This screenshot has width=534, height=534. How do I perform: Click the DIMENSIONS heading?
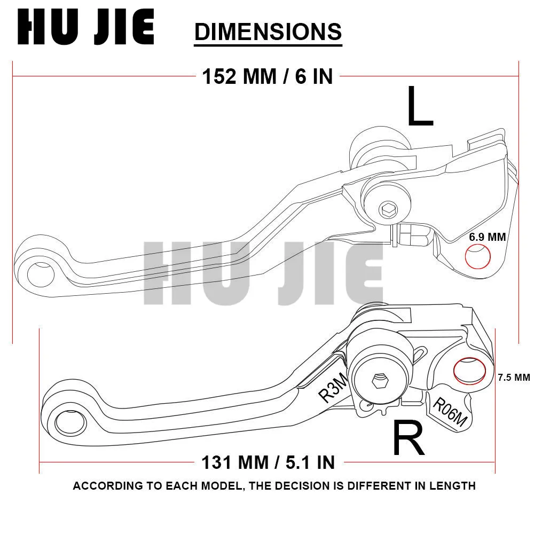[268, 32]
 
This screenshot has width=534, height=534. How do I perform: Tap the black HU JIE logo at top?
[86, 27]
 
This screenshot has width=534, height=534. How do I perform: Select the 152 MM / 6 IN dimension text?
[268, 76]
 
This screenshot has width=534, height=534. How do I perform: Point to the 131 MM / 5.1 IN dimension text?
[268, 462]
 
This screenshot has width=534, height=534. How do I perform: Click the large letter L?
[420, 106]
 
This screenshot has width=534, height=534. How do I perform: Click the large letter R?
[409, 437]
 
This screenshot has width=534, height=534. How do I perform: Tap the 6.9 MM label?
[488, 237]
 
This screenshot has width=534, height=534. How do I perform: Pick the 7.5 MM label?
[514, 378]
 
